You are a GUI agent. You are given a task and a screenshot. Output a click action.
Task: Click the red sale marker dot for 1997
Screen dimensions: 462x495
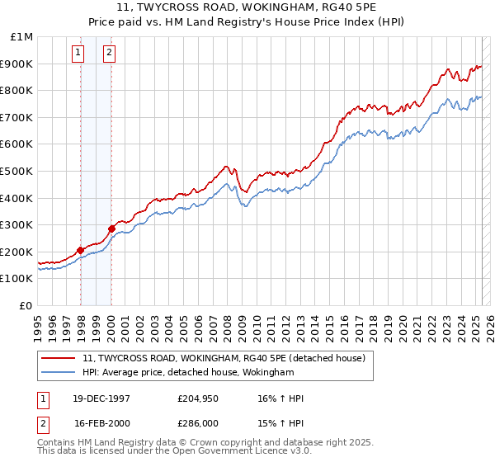pos(81,250)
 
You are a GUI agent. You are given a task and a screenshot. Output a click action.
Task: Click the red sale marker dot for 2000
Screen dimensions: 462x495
pos(111,229)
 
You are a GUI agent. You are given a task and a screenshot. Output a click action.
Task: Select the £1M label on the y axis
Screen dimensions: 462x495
pos(22,37)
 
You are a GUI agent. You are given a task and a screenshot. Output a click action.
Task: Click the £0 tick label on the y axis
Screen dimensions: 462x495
pos(27,305)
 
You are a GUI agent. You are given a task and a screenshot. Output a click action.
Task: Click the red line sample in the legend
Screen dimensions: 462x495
pos(59,357)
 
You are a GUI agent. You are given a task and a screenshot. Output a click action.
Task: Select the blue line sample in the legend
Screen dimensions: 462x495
pos(59,373)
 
